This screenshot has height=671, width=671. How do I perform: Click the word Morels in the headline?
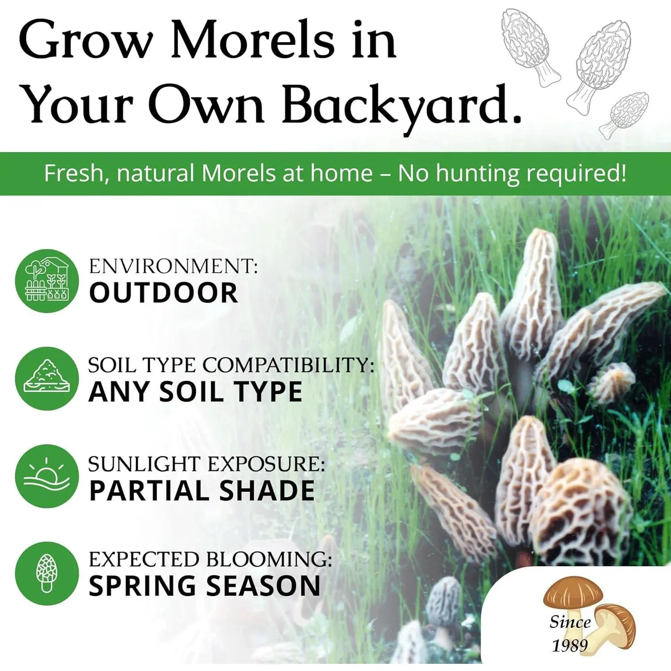click(252, 40)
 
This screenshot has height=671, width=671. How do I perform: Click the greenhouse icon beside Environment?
click(47, 280)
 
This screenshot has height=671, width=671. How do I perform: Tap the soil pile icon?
click(47, 378)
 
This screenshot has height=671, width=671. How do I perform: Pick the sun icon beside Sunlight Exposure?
click(47, 476)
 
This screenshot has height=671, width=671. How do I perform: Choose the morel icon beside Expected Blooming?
click(47, 573)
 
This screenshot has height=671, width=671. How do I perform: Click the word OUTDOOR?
click(164, 293)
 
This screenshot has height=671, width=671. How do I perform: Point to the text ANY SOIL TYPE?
click(195, 392)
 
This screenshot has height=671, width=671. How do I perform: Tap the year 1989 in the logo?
click(569, 646)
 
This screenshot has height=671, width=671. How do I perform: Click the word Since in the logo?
click(570, 622)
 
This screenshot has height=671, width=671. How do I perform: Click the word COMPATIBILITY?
click(289, 365)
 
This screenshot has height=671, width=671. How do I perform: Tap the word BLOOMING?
click(268, 559)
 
